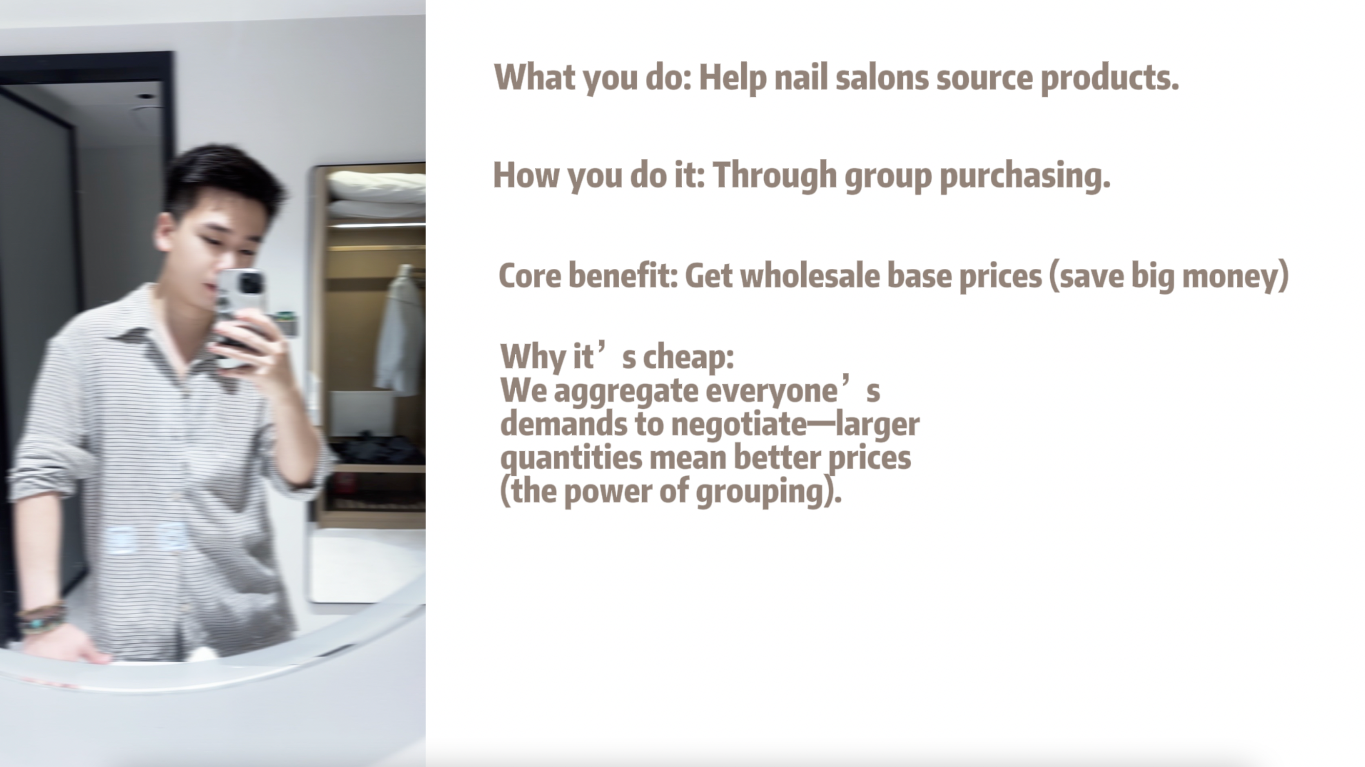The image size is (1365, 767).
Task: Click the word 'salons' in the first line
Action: [882, 77]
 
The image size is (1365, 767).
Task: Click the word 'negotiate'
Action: [739, 425]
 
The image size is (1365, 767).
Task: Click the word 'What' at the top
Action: [535, 77]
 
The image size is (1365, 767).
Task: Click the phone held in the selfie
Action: [241, 317]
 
